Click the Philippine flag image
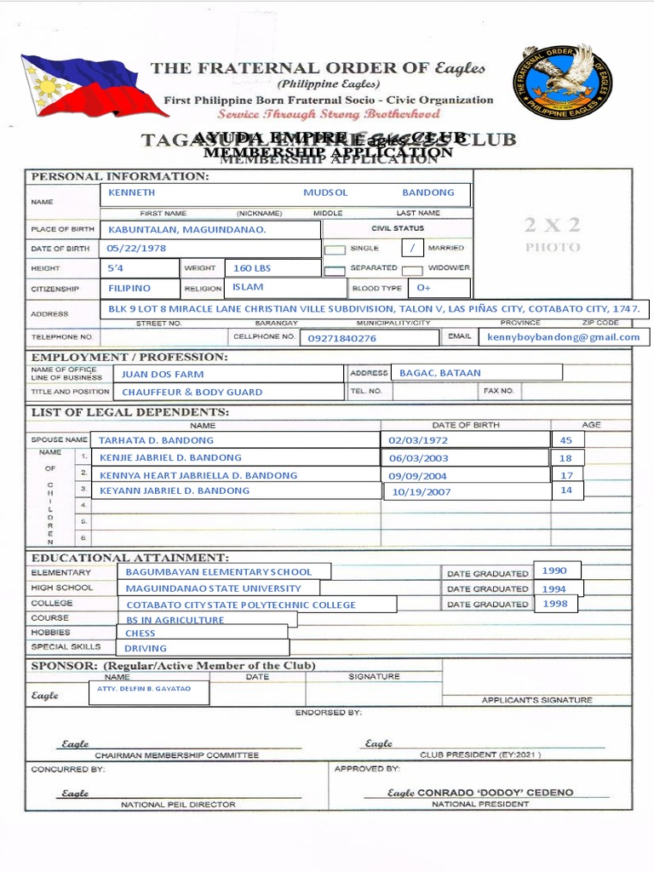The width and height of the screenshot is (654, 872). tap(82, 86)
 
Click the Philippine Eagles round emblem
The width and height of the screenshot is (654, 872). tap(562, 83)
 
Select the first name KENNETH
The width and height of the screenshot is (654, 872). tap(132, 193)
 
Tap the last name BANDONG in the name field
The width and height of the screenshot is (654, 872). tap(428, 193)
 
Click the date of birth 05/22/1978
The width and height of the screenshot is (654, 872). tap(136, 249)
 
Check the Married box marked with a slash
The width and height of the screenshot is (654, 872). tap(412, 248)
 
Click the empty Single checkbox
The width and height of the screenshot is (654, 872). tap(336, 250)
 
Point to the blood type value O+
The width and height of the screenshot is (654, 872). tap(424, 289)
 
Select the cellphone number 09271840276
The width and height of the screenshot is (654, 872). tap(341, 338)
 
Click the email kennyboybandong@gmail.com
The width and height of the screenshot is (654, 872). tap(563, 337)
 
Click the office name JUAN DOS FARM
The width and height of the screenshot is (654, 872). tap(163, 374)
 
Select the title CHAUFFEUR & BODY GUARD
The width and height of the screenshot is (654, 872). tap(192, 393)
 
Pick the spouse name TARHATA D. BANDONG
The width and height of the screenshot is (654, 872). tap(156, 440)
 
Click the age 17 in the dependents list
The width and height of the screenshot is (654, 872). tap(566, 475)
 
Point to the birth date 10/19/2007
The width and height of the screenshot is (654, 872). tap(422, 492)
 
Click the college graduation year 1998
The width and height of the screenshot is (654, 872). tap(554, 604)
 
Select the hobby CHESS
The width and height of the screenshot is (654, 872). tap(141, 634)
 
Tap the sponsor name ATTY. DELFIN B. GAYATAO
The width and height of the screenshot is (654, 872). tap(144, 688)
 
